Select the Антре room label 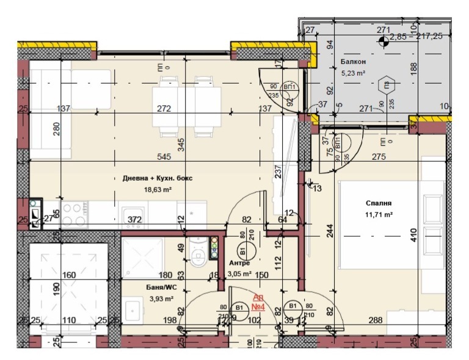[x=239, y=263]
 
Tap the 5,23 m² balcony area [x=353, y=73]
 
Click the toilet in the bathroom [x=197, y=256]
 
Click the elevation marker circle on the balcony [x=384, y=41]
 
